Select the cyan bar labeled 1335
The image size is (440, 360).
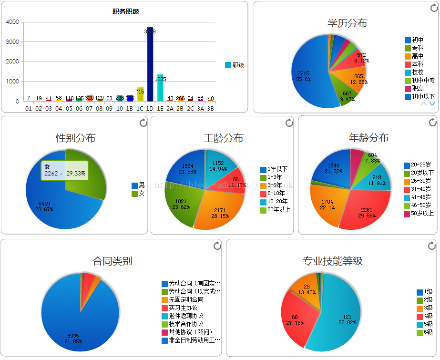tap(160, 88)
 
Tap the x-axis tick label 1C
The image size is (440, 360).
tap(140, 109)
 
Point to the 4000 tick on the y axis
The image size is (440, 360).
tap(13, 22)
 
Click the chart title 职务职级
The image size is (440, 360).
tap(126, 11)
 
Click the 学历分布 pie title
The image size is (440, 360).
tap(347, 23)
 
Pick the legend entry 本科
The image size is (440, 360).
tap(417, 64)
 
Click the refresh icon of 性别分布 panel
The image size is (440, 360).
tap(143, 123)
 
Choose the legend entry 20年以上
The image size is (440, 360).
tap(278, 209)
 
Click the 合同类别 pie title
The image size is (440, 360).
tap(112, 261)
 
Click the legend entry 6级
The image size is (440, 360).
tap(428, 332)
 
